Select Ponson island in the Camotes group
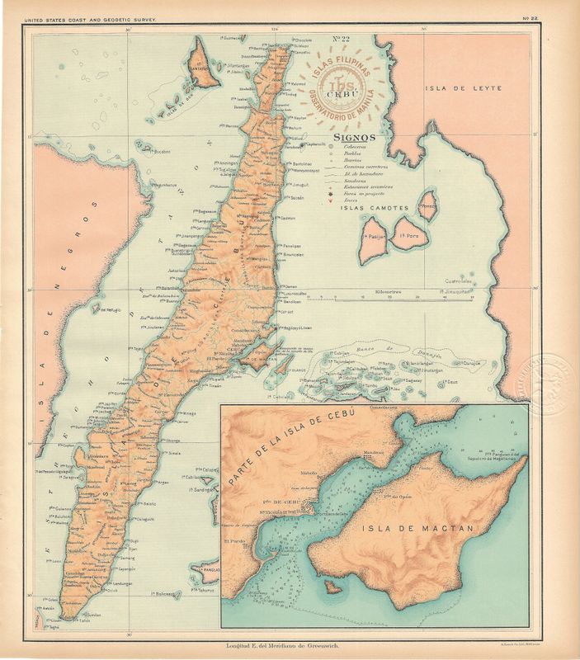(427, 206)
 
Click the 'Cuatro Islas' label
(455, 280)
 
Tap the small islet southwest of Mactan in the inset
(332, 587)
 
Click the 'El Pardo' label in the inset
(234, 541)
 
